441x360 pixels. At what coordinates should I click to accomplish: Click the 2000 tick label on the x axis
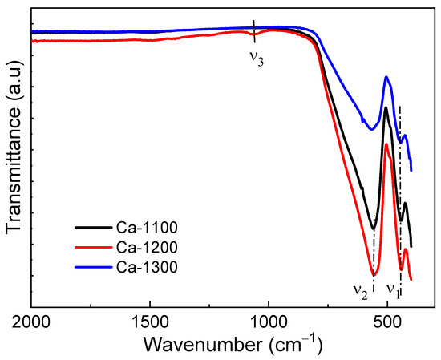coord(31,322)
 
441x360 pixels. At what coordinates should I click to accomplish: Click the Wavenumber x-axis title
coord(233,345)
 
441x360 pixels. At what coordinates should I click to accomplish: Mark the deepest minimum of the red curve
coord(373,275)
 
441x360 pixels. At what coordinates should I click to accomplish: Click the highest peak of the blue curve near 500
coord(387,77)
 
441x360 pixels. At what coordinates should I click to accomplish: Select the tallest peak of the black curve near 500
coord(386,107)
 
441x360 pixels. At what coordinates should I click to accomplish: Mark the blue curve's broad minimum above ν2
coord(370,129)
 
